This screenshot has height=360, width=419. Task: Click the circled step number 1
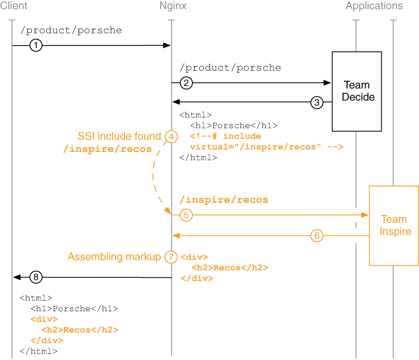pyautogui.click(x=36, y=45)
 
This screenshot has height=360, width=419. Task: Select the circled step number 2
pyautogui.click(x=186, y=83)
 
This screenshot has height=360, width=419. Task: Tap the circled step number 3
pyautogui.click(x=317, y=102)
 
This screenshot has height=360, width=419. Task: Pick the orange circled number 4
pyautogui.click(x=172, y=136)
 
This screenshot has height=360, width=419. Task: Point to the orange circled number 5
pyautogui.click(x=186, y=215)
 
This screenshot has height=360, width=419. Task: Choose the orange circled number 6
pyautogui.click(x=316, y=236)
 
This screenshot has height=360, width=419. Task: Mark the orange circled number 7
pyautogui.click(x=171, y=257)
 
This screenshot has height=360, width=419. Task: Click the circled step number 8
pyautogui.click(x=36, y=277)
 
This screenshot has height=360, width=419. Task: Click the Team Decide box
pyautogui.click(x=356, y=92)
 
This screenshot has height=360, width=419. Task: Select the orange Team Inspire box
pyautogui.click(x=394, y=226)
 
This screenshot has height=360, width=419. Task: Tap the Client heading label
pyautogui.click(x=14, y=6)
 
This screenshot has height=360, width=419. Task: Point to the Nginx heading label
pyautogui.click(x=172, y=6)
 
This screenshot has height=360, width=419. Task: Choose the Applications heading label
pyautogui.click(x=374, y=6)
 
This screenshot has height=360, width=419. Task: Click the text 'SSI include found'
pyautogui.click(x=120, y=136)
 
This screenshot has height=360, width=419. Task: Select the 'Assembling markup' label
pyautogui.click(x=115, y=256)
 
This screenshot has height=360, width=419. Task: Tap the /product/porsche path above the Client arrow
pyautogui.click(x=71, y=30)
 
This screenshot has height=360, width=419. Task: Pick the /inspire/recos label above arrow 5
pyautogui.click(x=224, y=200)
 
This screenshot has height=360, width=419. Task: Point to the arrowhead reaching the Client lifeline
pyautogui.click(x=17, y=277)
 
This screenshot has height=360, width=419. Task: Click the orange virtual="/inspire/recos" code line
pyautogui.click(x=266, y=147)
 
